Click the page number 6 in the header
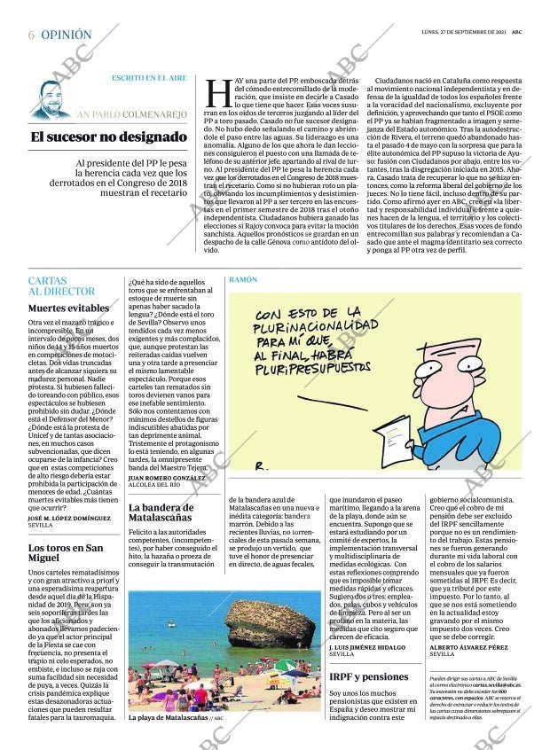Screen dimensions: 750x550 31,35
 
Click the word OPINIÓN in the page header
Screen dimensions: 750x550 67,35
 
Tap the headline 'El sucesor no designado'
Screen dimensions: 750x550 108,137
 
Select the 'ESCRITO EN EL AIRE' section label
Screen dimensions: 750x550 148,78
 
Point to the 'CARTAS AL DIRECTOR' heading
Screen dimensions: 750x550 61,285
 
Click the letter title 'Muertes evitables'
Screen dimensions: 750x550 69,308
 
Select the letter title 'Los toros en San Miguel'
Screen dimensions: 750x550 67,553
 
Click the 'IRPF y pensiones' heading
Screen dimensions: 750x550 368,676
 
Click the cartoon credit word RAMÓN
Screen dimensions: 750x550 243,279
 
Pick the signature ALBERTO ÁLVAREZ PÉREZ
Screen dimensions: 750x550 467,647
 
